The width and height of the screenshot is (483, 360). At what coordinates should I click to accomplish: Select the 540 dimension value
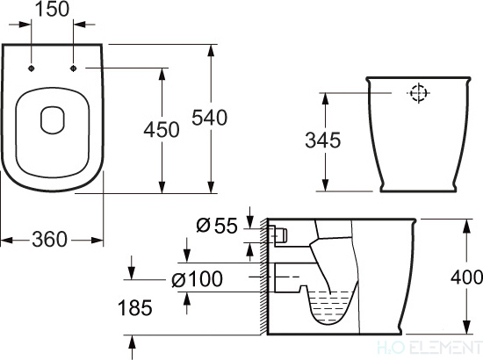click(211, 117)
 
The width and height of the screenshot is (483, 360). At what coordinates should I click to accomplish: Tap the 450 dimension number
click(162, 129)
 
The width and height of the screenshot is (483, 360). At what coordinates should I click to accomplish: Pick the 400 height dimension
click(465, 278)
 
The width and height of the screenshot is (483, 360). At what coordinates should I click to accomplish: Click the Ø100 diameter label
click(197, 280)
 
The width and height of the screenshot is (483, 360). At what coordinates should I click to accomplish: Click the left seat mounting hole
click(32, 68)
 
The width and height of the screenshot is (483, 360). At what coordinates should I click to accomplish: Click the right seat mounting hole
click(73, 68)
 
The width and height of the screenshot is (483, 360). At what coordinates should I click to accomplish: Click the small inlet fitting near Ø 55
click(280, 234)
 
